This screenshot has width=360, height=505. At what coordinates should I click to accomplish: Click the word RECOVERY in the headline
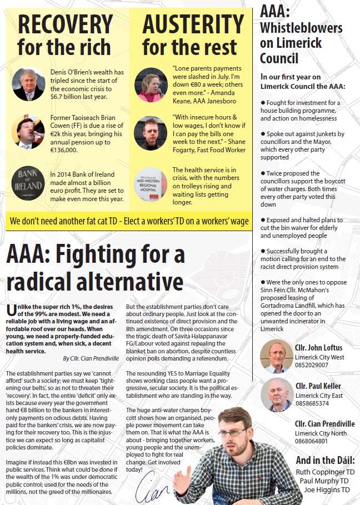tap(66, 24)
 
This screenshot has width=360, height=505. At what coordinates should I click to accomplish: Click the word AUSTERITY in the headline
tap(193, 24)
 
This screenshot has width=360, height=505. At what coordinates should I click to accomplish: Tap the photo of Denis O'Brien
tap(28, 84)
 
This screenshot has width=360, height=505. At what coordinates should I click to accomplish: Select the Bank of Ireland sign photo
tap(28, 183)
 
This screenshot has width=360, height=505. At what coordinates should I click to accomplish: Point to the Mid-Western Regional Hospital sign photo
tap(151, 184)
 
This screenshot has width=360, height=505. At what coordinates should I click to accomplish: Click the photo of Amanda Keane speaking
tap(151, 84)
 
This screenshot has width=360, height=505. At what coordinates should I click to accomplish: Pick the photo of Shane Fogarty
tap(151, 133)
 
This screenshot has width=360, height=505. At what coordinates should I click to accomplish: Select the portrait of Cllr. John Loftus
tap(277, 356)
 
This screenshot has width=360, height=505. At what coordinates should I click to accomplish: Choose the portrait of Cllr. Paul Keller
tap(277, 394)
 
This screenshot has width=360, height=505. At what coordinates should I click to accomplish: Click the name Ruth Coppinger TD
tap(325, 472)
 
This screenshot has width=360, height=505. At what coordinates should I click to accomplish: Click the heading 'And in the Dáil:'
tap(326, 460)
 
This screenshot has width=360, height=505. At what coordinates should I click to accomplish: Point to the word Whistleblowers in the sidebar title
tap(301, 28)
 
